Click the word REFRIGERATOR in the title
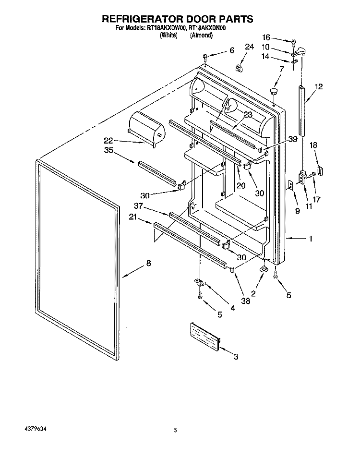pyautogui.click(x=144, y=20)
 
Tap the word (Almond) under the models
pyautogui.click(x=201, y=35)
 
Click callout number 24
pyautogui.click(x=249, y=47)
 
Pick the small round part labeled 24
pyautogui.click(x=239, y=68)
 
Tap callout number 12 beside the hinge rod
pyautogui.click(x=319, y=87)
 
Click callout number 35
pyautogui.click(x=108, y=150)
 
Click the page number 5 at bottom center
pyautogui.click(x=176, y=431)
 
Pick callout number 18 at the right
pyautogui.click(x=313, y=145)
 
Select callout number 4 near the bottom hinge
pyautogui.click(x=232, y=309)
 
